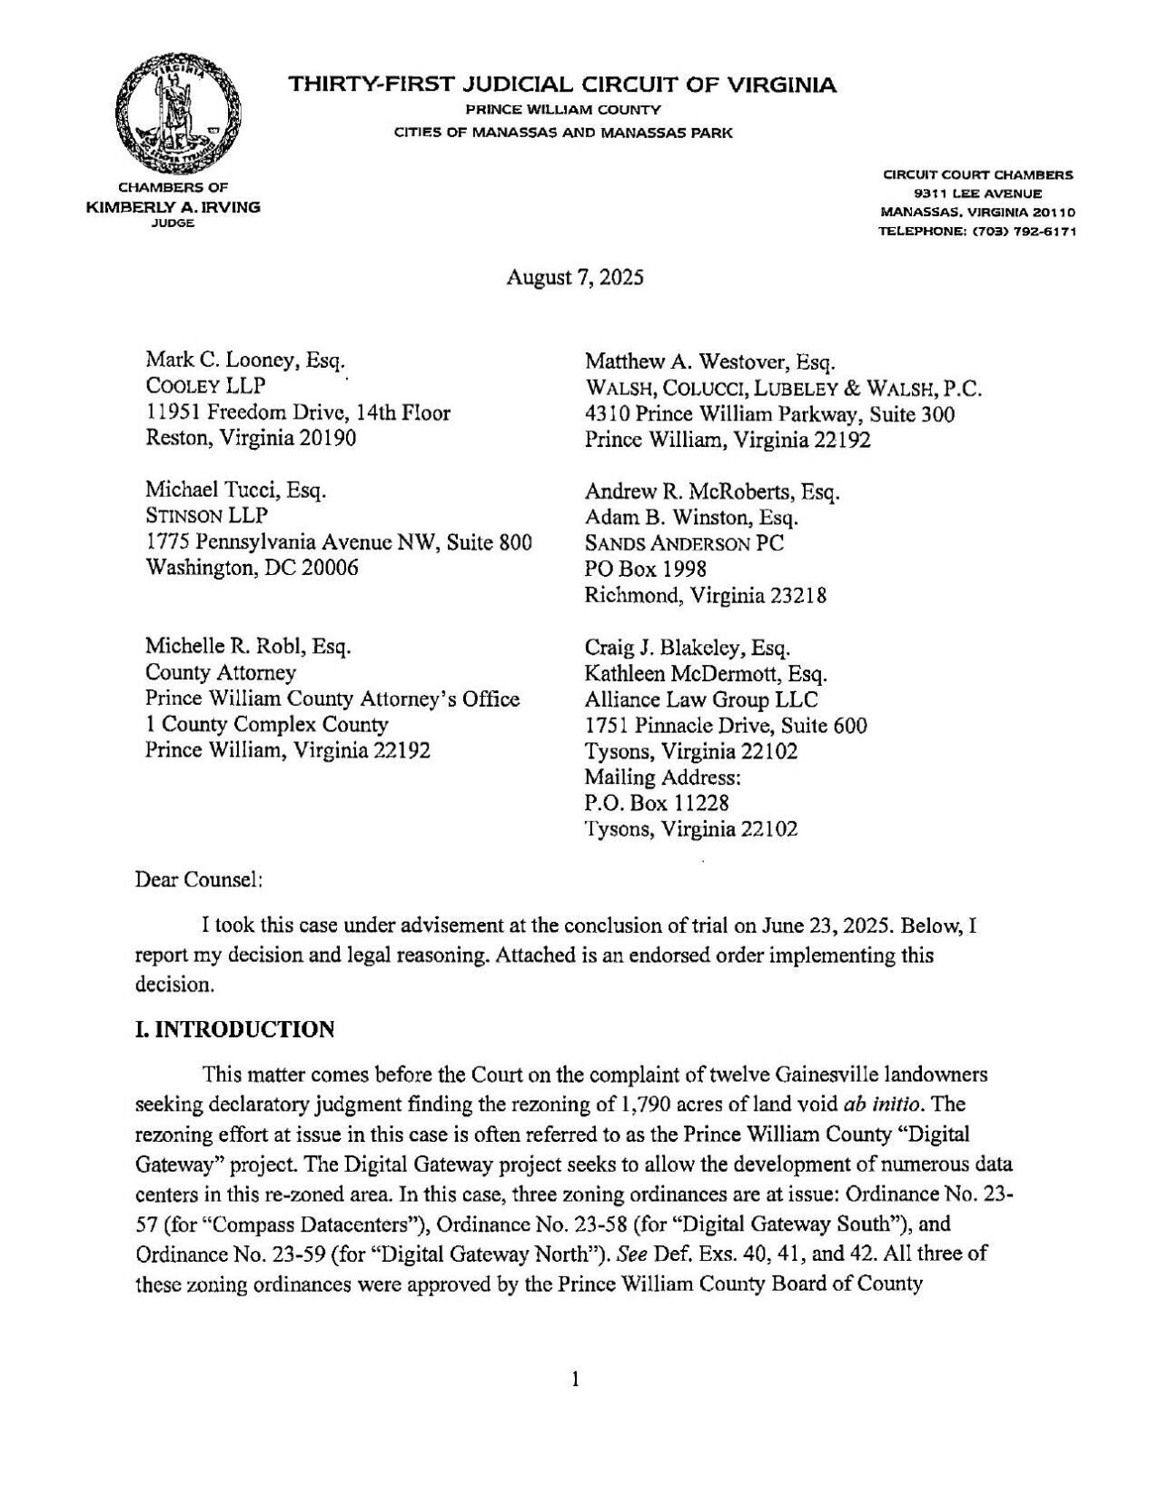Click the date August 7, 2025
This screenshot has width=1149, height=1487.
(574, 278)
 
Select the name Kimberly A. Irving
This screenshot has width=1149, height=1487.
(173, 207)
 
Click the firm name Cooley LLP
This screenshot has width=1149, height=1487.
(205, 386)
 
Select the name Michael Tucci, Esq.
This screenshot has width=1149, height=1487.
(235, 491)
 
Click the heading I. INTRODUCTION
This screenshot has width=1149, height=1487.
(234, 1029)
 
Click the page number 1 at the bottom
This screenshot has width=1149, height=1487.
(574, 1381)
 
